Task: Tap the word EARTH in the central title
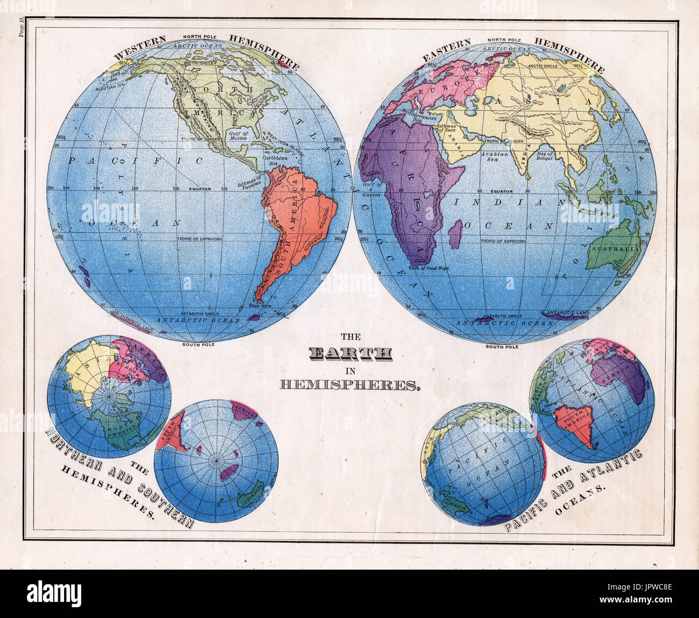tap(351, 353)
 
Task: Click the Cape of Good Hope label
tap(429, 267)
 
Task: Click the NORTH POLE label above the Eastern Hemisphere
tap(503, 40)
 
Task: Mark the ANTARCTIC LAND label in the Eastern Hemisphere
tap(568, 312)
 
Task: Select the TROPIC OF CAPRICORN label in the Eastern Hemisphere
tap(503, 241)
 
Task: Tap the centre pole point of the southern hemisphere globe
tap(216, 461)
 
